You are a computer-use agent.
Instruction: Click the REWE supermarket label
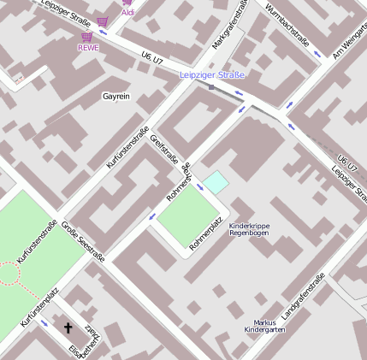(88, 48)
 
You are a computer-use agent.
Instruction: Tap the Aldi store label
(127, 13)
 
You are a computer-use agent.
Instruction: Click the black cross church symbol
(68, 328)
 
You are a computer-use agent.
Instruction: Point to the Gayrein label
(115, 97)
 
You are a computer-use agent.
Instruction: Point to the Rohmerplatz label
(206, 233)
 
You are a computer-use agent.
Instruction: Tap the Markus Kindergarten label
(264, 324)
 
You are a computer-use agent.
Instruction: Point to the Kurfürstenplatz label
(38, 311)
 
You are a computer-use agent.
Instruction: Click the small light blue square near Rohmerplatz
(216, 181)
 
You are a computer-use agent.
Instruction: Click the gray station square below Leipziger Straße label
(211, 86)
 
